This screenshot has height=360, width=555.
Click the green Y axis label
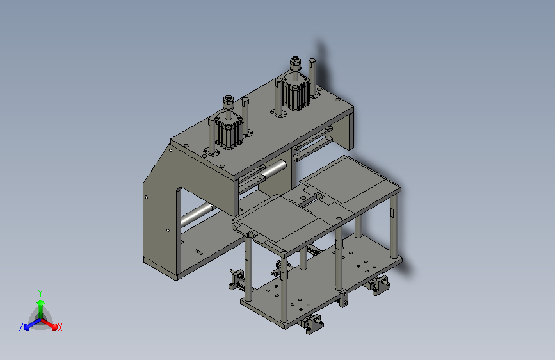[40, 293]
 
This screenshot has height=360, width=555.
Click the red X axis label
[60, 327]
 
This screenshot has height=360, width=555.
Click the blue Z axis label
[21, 327]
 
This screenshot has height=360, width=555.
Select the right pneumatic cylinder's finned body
[296, 93]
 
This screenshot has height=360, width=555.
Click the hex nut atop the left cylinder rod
[229, 101]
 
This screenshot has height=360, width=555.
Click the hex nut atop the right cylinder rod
[296, 63]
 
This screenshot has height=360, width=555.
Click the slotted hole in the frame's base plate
[198, 252]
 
